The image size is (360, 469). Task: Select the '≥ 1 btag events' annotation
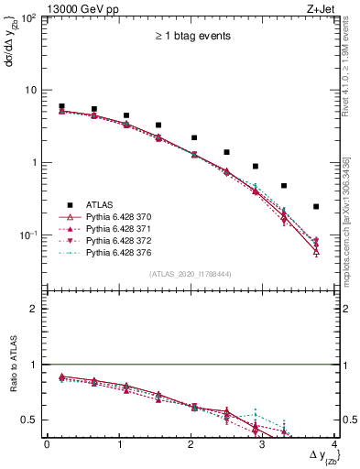(191, 37)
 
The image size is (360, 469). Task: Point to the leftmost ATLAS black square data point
(61, 106)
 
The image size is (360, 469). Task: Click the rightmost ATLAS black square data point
(316, 207)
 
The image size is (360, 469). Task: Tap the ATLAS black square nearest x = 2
(194, 137)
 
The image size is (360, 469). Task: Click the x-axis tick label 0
(47, 444)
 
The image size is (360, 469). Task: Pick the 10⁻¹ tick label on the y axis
(30, 235)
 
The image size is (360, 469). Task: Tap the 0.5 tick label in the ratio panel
(33, 420)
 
